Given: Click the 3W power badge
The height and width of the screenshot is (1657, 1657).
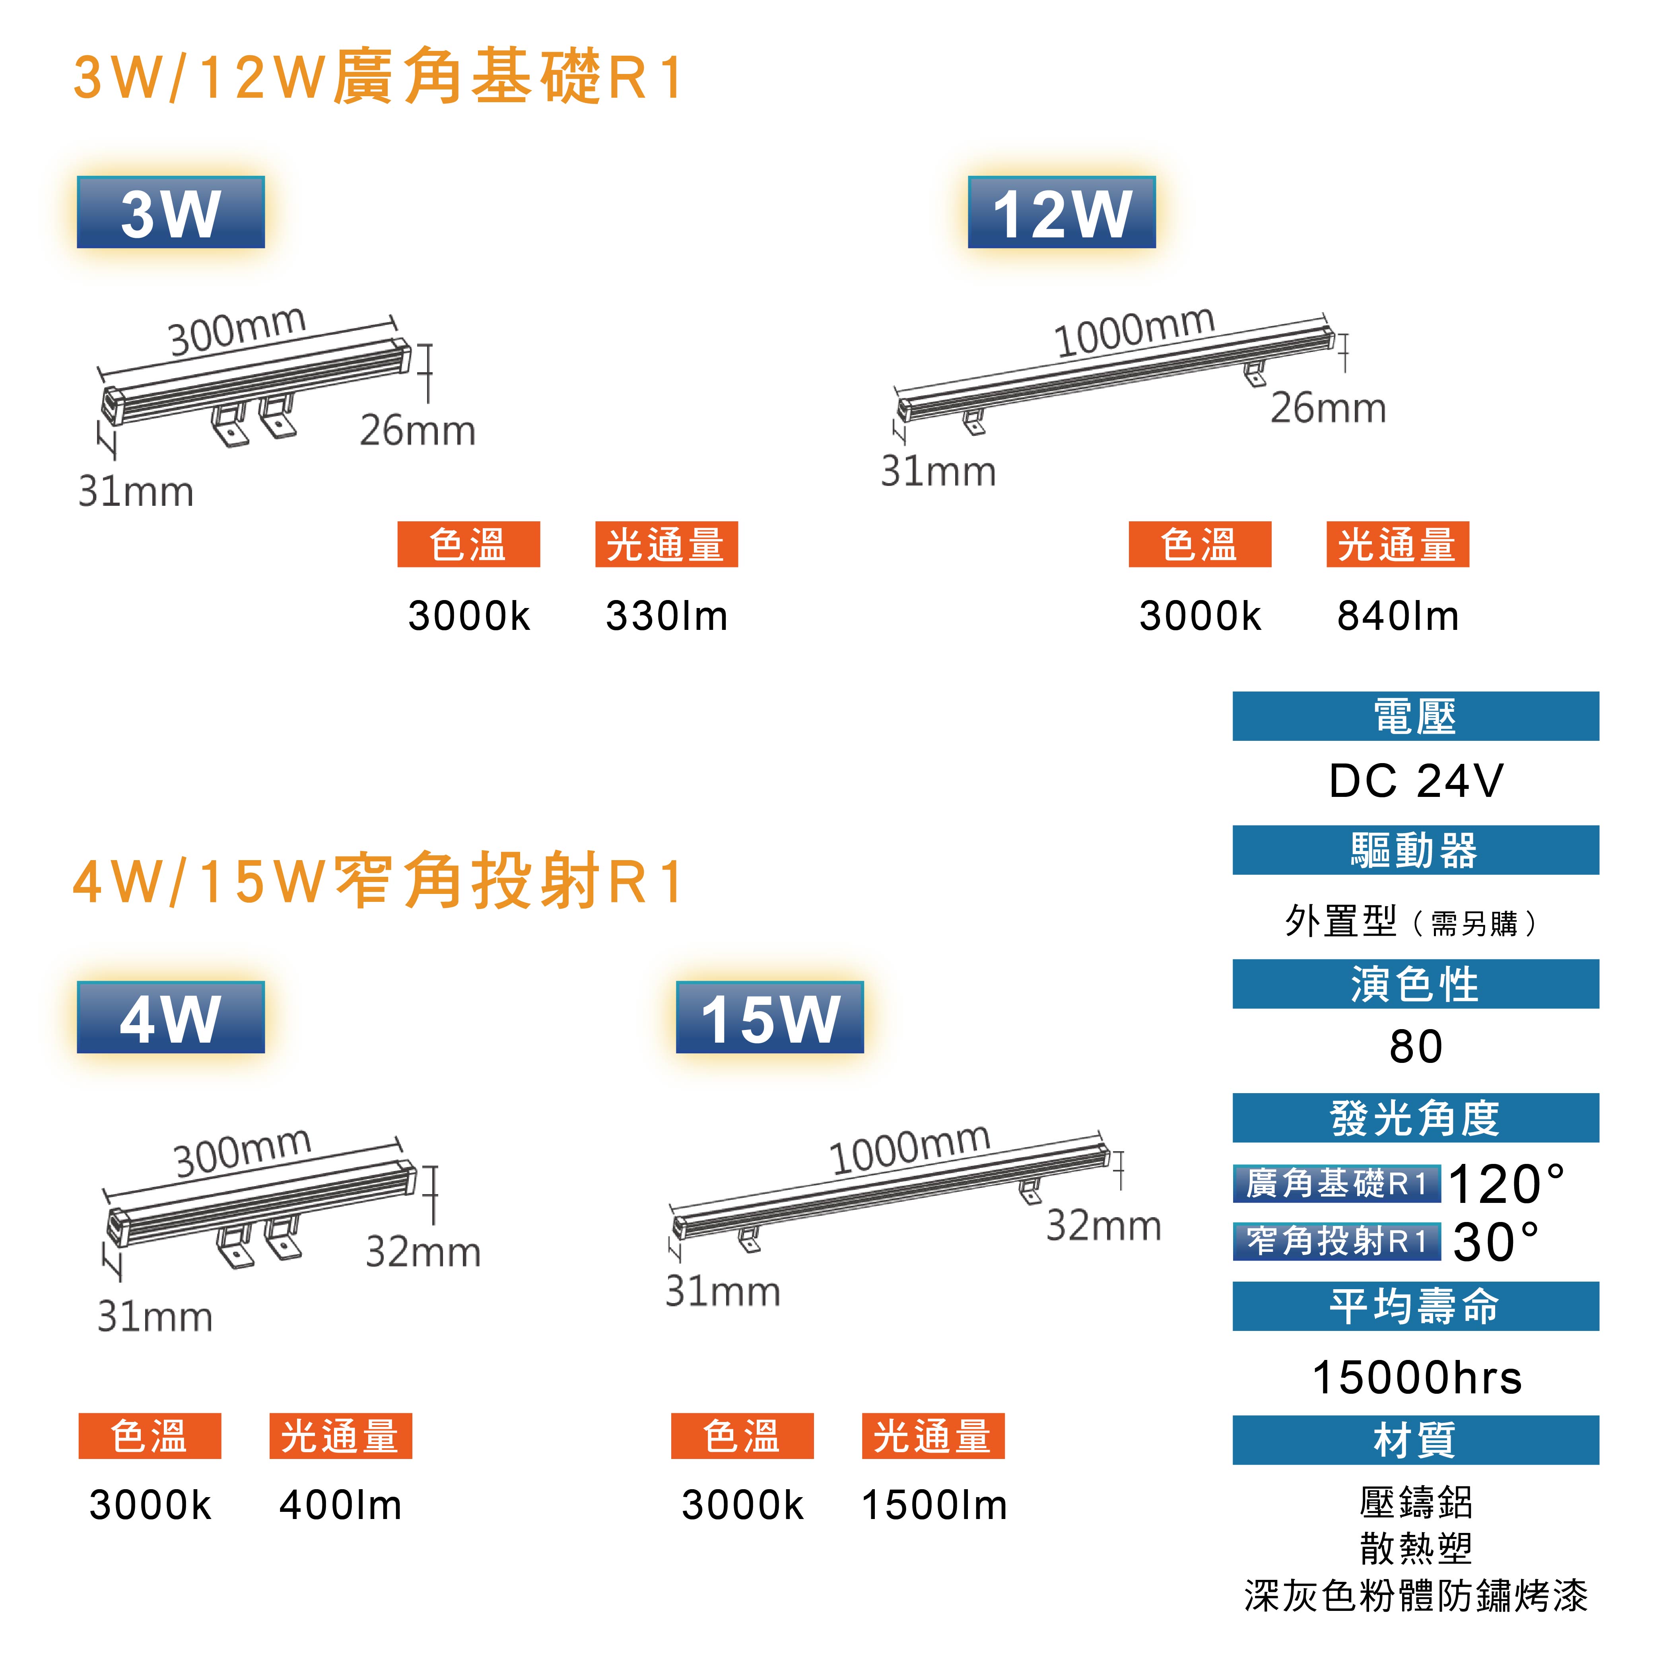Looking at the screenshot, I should coord(171,213).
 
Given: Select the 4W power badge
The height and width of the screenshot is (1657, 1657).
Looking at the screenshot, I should coord(171,1018).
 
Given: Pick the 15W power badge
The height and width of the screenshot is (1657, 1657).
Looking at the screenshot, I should coord(769,1018).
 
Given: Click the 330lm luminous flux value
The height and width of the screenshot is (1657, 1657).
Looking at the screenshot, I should coord(666,616).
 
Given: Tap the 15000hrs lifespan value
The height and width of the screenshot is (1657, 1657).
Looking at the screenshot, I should coord(1416,1378).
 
